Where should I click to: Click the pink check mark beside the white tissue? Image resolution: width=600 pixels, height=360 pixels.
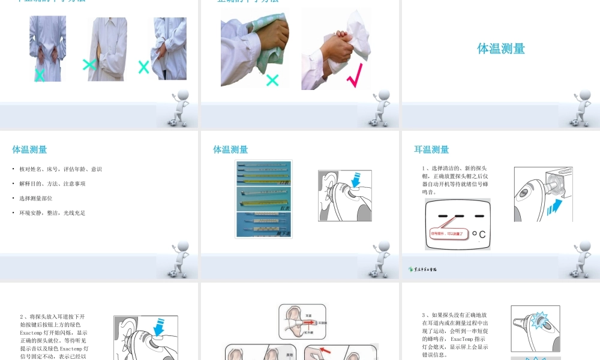pyautogui.click(x=354, y=77)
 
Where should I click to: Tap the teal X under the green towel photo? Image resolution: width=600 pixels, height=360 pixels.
pyautogui.click(x=272, y=80)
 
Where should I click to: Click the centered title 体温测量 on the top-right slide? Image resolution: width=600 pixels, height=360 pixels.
pyautogui.click(x=501, y=49)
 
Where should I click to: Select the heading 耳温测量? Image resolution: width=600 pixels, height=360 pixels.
pyautogui.click(x=431, y=149)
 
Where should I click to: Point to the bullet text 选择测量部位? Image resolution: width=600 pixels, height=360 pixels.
pyautogui.click(x=36, y=198)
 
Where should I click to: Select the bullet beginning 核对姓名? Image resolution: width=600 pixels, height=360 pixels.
pyautogui.click(x=61, y=169)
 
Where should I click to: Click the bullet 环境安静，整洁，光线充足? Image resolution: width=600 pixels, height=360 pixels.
pyautogui.click(x=52, y=213)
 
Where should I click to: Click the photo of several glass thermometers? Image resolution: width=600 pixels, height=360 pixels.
pyautogui.click(x=263, y=199)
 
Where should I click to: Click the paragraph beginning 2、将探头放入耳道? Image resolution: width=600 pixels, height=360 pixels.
pyautogui.click(x=54, y=336)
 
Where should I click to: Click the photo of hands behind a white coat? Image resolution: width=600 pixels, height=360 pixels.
pyautogui.click(x=47, y=49)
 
